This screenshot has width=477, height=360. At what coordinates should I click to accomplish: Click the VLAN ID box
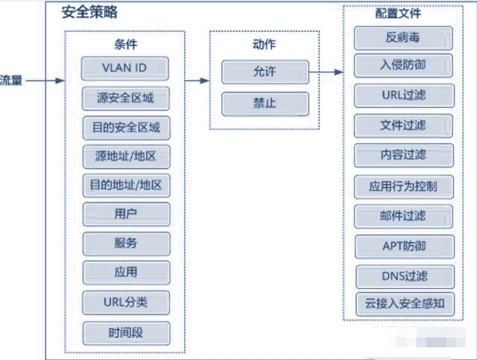[125, 68]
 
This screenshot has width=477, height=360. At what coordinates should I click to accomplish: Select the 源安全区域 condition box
[126, 98]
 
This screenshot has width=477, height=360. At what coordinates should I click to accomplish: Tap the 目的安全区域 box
[126, 127]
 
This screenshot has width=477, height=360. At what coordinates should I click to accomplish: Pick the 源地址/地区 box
[126, 157]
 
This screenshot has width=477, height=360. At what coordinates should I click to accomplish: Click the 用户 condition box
[126, 214]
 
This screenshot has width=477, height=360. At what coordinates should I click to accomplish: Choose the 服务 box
[126, 244]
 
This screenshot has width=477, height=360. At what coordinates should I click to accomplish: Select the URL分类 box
[126, 303]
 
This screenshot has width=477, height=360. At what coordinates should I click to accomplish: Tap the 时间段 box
[126, 333]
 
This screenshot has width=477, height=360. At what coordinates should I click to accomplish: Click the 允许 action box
[265, 72]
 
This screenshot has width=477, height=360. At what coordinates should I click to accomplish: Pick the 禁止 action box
[265, 104]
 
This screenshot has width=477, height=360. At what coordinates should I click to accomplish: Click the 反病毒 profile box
[403, 38]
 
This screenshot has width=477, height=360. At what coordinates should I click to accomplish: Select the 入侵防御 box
[403, 66]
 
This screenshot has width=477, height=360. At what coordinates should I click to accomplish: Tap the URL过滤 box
[404, 95]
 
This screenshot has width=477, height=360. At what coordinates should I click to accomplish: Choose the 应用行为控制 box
[404, 187]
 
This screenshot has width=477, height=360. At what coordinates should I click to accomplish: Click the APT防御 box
[405, 247]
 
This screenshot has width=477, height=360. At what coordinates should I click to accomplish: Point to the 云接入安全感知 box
[405, 304]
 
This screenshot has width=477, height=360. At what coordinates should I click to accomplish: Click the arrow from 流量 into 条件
[45, 80]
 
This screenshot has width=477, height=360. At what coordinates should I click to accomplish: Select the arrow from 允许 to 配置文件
[326, 72]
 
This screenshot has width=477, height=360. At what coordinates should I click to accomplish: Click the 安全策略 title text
[89, 13]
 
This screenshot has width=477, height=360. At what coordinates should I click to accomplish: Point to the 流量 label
[11, 80]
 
